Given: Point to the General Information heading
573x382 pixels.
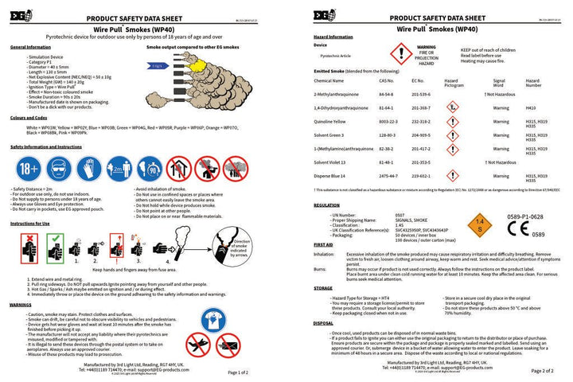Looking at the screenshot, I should click(30, 48).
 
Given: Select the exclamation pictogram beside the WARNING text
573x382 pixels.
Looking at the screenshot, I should click(400, 53).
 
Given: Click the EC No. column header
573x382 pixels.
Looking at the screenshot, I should click(419, 81).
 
